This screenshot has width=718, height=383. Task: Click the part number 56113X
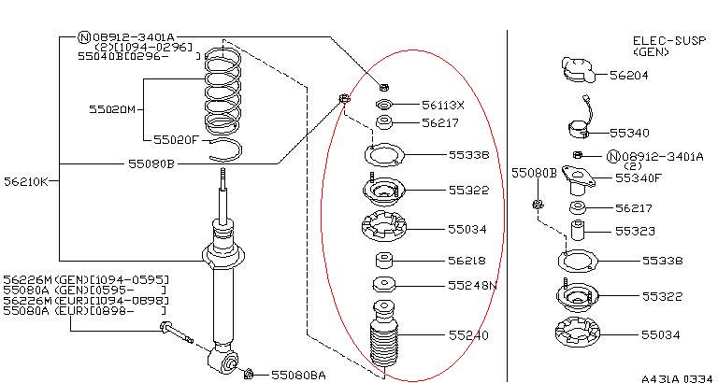click(442, 105)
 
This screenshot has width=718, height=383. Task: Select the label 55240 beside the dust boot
click(468, 334)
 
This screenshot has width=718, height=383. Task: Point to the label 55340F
click(639, 177)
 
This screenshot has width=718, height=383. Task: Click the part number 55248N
click(472, 285)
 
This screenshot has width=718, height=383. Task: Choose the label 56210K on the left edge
click(25, 180)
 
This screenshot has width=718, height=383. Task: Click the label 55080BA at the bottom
click(298, 375)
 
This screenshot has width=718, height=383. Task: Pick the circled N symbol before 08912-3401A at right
click(613, 156)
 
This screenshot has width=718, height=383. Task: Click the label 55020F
click(176, 139)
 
